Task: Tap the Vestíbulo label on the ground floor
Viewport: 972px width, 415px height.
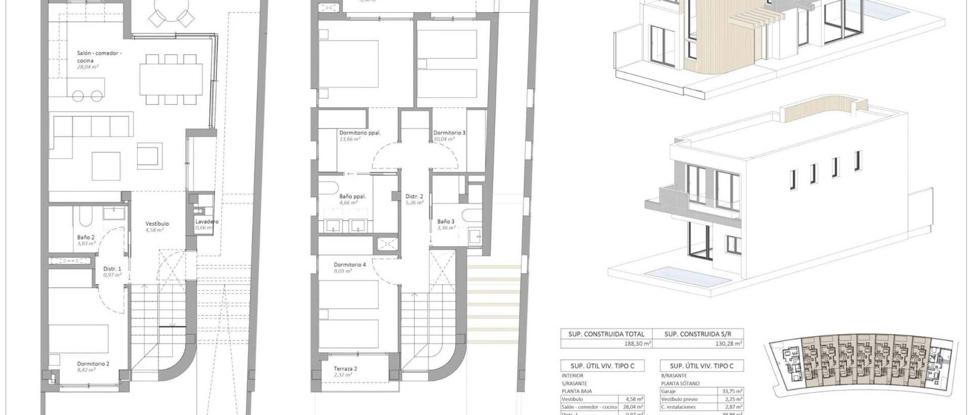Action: click(x=157, y=224)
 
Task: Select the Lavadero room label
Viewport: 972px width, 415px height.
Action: click(x=207, y=222)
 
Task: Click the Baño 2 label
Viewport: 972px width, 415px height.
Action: click(x=86, y=237)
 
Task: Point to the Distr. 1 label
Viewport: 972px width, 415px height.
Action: click(x=112, y=269)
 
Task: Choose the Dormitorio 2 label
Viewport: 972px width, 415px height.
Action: click(x=93, y=363)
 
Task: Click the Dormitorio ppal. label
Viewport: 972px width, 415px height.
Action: click(x=359, y=133)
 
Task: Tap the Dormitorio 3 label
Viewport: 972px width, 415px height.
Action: click(x=449, y=133)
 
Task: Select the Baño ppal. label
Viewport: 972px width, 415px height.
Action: click(x=352, y=196)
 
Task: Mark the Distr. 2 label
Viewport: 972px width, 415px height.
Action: click(x=414, y=196)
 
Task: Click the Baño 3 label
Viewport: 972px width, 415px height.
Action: click(x=445, y=222)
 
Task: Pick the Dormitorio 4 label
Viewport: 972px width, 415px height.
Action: click(x=349, y=265)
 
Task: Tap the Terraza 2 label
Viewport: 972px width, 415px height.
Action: click(x=345, y=369)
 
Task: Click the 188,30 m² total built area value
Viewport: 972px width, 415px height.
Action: click(x=637, y=344)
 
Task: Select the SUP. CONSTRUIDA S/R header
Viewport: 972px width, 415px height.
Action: click(x=697, y=334)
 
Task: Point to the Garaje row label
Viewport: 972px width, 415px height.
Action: click(x=669, y=391)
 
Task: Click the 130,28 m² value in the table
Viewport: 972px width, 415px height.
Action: click(x=729, y=344)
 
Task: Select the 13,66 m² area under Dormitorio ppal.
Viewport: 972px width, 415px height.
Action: click(x=349, y=139)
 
